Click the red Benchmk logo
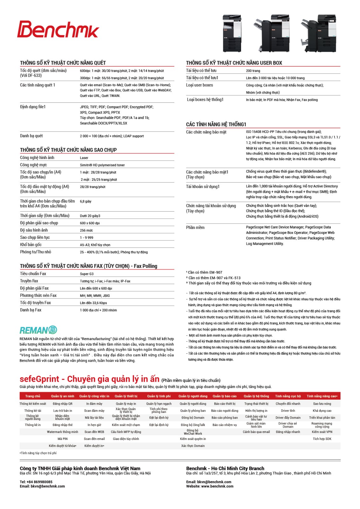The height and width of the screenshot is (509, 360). click(x=58, y=30)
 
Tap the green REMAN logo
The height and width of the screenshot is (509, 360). click(x=38, y=330)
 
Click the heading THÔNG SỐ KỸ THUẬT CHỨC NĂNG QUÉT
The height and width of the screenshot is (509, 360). click(x=63, y=63)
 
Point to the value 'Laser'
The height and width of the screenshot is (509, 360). click(x=84, y=158)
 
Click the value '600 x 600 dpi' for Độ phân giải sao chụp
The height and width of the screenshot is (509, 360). click(x=90, y=223)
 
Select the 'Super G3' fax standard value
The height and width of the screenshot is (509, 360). click(x=87, y=274)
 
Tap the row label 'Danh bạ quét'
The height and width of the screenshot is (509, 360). click(x=31, y=136)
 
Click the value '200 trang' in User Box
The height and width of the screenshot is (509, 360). click(x=253, y=71)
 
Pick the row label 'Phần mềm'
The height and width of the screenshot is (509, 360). click(x=195, y=227)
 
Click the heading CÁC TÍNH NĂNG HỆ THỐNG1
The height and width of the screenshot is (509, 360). click(x=216, y=124)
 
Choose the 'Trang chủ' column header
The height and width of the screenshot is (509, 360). click(x=33, y=396)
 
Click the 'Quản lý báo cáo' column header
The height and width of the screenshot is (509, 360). click(x=225, y=396)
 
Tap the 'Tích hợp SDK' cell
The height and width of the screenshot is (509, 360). click(x=322, y=439)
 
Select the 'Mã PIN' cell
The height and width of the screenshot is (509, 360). click(x=63, y=439)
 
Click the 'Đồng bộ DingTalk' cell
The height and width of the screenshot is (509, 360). click(x=193, y=425)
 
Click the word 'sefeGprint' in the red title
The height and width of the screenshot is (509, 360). click(x=39, y=379)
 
